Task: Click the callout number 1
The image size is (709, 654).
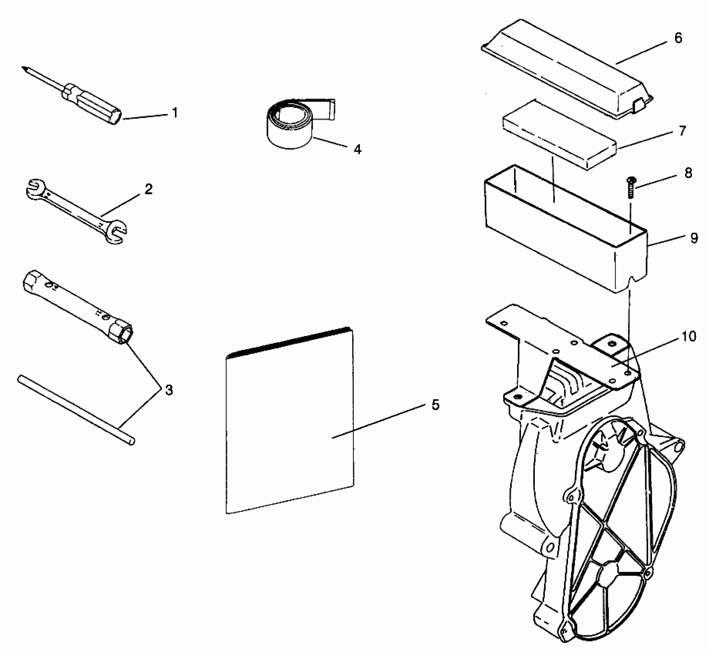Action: [x=175, y=113]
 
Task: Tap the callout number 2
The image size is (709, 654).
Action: [x=148, y=189]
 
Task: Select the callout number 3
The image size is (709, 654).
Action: [x=169, y=390]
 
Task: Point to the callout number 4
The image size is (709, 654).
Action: [x=358, y=149]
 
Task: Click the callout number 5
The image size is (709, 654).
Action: [x=435, y=405]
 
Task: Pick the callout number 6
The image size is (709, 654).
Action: [x=678, y=38]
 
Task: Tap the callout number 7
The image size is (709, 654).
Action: [x=682, y=131]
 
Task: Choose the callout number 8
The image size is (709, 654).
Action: [x=688, y=173]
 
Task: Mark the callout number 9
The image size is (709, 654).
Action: [x=694, y=238]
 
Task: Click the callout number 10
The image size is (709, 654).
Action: [x=689, y=337]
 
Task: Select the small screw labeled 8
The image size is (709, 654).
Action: [x=631, y=187]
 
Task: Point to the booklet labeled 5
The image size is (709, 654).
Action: [x=288, y=423]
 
